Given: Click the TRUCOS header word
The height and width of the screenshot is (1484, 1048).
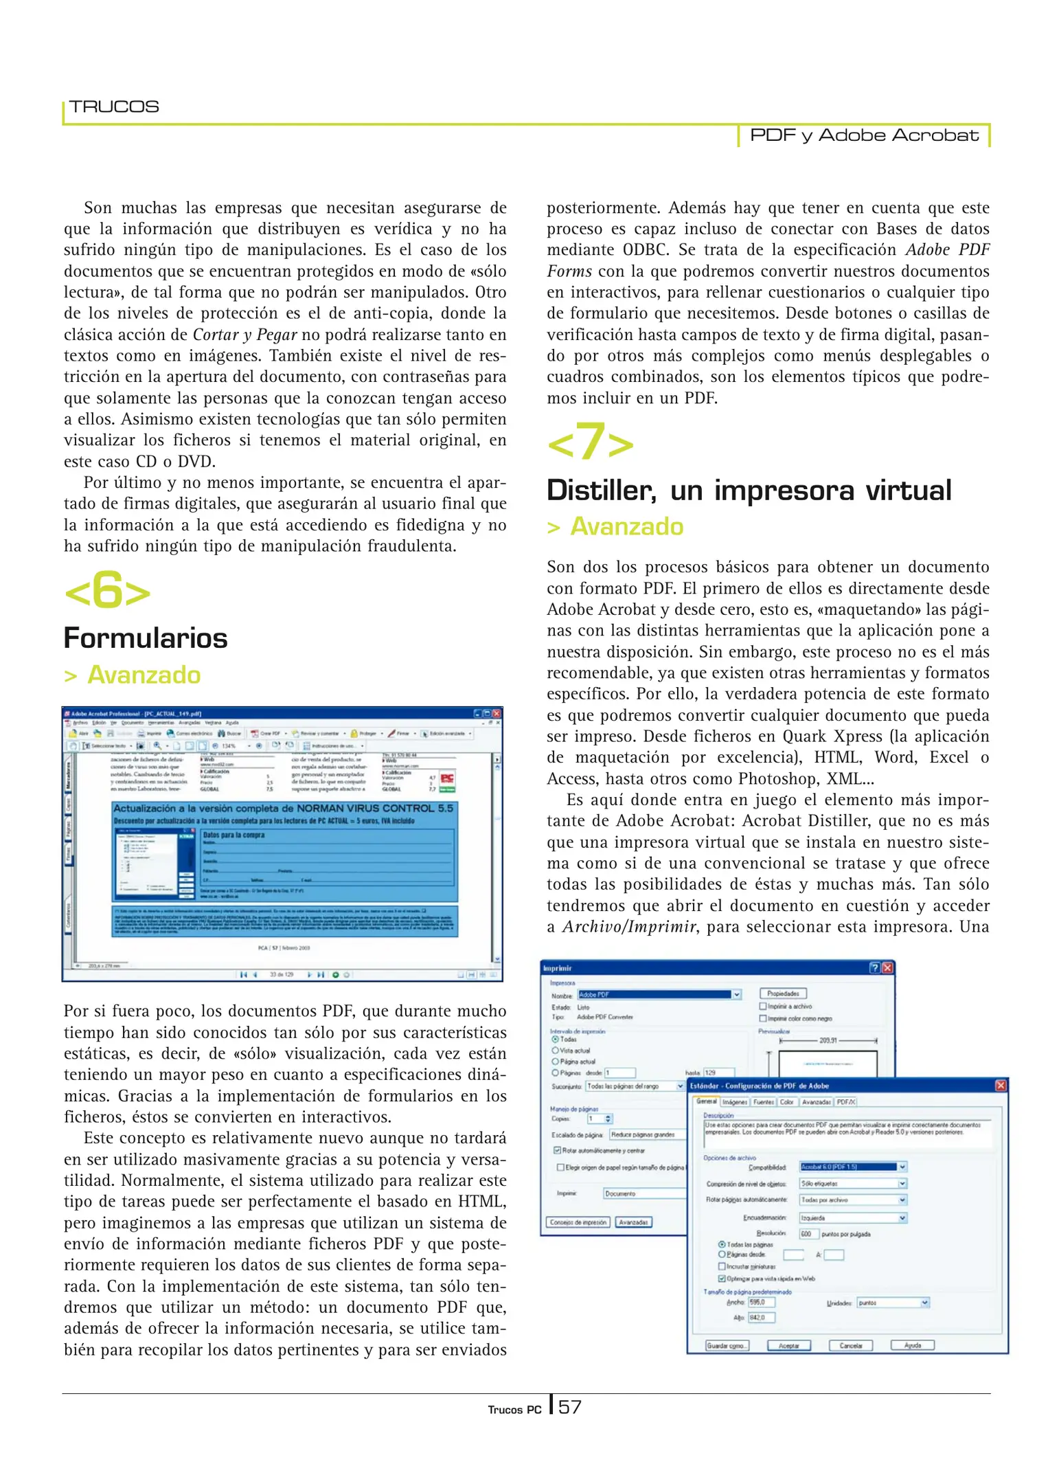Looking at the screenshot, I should (114, 106).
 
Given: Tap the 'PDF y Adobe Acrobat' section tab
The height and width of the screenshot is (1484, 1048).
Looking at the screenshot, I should (863, 135).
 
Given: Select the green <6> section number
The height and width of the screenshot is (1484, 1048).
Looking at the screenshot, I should (107, 591).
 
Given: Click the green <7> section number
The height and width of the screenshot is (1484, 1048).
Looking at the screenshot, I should (590, 442).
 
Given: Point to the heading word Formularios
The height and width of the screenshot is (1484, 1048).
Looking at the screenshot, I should (146, 638).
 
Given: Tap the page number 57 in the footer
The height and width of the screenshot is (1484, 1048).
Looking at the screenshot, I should (569, 1408).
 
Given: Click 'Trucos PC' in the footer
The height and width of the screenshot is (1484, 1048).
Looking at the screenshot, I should (514, 1410).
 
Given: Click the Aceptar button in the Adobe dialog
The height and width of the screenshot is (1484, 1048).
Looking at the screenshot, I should (788, 1346).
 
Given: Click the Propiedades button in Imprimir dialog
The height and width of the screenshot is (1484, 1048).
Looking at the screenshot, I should (783, 993).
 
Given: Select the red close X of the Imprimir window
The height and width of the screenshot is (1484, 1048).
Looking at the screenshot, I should (887, 968).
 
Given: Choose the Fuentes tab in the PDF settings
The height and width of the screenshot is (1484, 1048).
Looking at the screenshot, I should (763, 1102).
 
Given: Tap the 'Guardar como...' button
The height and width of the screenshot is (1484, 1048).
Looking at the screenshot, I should (727, 1346).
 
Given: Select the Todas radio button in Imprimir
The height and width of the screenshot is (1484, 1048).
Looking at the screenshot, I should (556, 1039).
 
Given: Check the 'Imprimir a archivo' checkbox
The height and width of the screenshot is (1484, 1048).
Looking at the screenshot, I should (763, 1007).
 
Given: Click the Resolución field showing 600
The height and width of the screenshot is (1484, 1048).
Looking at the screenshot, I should (808, 1234).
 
